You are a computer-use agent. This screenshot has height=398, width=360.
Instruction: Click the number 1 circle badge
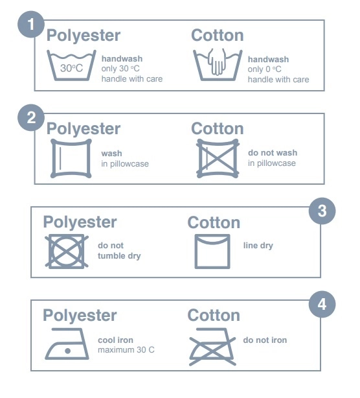(x=31, y=25)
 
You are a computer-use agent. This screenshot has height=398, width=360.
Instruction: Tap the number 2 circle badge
(x=31, y=118)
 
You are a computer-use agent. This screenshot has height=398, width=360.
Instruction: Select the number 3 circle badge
(x=322, y=211)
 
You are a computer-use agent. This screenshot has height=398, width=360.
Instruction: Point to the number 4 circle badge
(x=322, y=304)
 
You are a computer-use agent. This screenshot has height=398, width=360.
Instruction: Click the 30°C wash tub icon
(x=71, y=65)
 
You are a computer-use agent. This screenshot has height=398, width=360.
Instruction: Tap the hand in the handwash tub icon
(x=217, y=62)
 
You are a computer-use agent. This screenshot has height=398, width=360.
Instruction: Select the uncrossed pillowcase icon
(x=71, y=158)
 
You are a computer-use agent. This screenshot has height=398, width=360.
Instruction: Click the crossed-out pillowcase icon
(x=218, y=158)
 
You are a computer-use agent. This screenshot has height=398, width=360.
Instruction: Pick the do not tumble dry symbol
(x=67, y=252)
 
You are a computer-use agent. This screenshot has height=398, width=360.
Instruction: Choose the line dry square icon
(x=212, y=252)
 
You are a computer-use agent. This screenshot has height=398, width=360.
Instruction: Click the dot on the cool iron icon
(x=68, y=351)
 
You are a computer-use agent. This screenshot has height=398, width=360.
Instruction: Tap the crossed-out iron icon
(x=212, y=347)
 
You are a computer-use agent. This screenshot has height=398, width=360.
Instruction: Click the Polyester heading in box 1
(x=84, y=36)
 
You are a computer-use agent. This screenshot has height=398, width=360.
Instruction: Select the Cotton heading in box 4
(x=214, y=316)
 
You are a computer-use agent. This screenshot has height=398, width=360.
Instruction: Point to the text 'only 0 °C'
(x=264, y=69)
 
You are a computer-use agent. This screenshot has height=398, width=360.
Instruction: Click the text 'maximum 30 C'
(x=126, y=350)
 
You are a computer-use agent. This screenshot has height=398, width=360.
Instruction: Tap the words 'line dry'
(x=258, y=246)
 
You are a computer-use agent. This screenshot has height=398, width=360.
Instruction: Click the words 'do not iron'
(x=265, y=340)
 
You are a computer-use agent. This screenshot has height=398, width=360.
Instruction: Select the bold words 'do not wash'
(x=273, y=152)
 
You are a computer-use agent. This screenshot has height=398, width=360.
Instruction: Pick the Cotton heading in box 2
(x=218, y=129)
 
